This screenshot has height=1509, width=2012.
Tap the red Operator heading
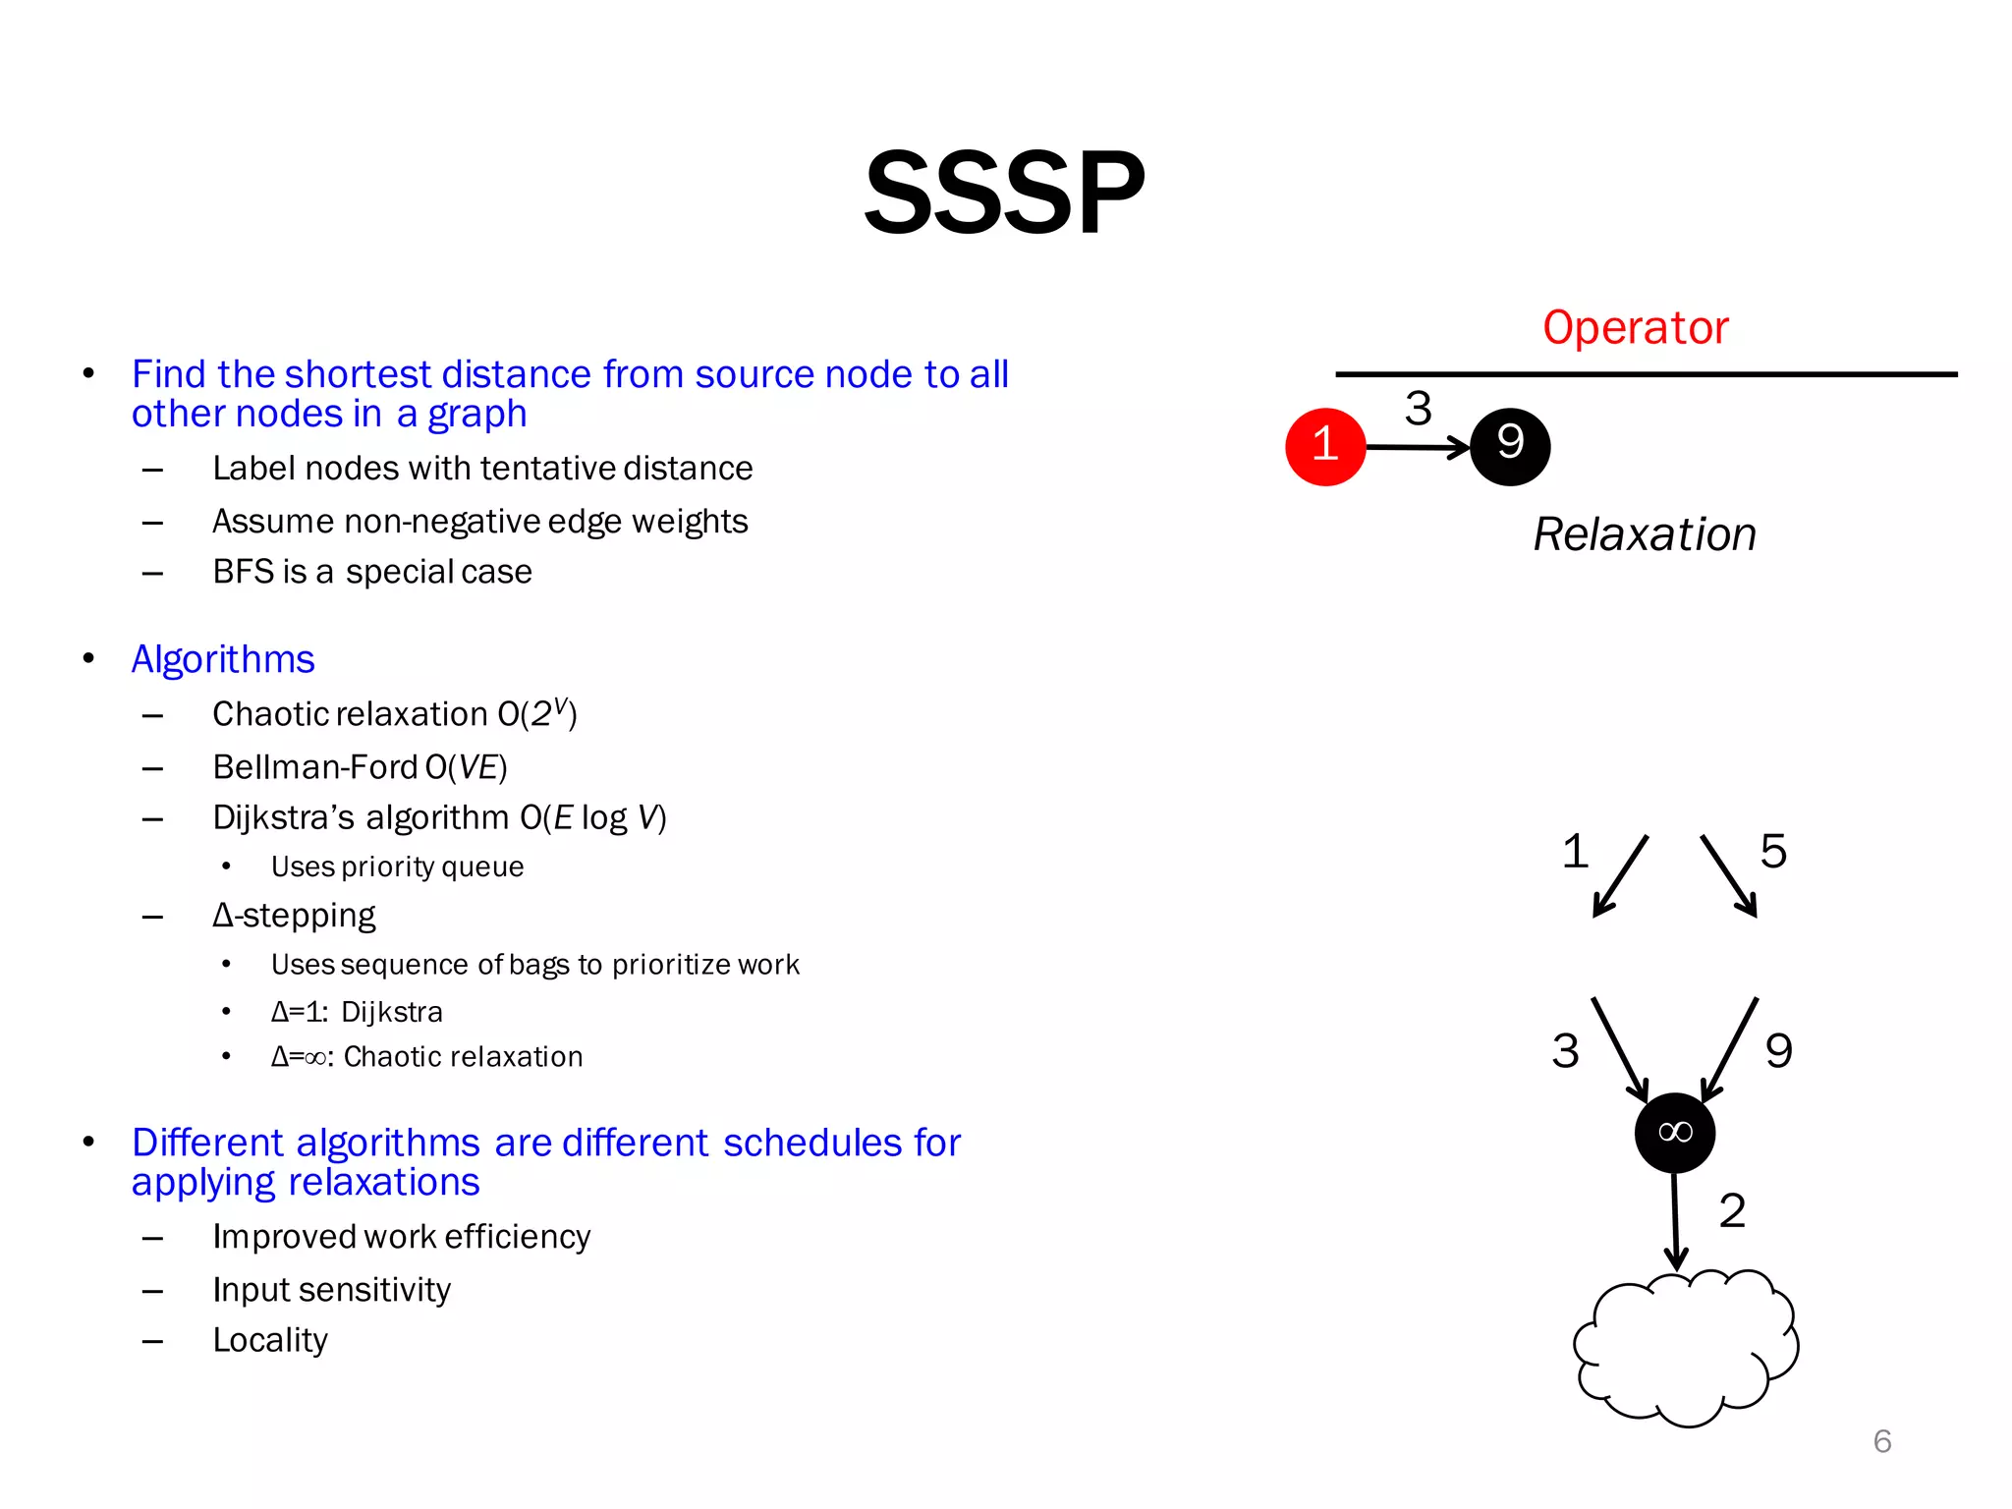click(1635, 328)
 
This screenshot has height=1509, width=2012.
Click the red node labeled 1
click(1325, 447)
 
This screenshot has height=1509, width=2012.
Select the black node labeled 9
click(1510, 447)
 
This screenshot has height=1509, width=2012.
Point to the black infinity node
click(1675, 1133)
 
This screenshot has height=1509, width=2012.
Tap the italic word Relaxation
click(1645, 535)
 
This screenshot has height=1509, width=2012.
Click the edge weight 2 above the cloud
click(1732, 1210)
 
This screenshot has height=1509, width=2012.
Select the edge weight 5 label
click(1772, 851)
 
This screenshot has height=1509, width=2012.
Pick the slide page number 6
click(1882, 1441)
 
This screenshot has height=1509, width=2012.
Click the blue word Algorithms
click(223, 659)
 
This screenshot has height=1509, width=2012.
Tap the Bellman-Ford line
click(360, 767)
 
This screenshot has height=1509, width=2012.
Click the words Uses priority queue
click(397, 866)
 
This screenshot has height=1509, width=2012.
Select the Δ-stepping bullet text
click(294, 916)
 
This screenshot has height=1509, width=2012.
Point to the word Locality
click(270, 1340)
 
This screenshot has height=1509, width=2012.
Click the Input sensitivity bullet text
click(331, 1290)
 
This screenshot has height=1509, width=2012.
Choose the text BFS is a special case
click(372, 572)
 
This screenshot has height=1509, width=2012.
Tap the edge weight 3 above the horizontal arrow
click(1418, 408)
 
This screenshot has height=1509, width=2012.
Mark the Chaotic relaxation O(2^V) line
click(394, 713)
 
